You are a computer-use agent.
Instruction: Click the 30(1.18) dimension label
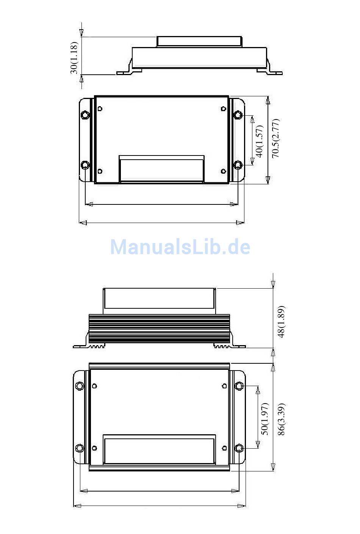point(74,58)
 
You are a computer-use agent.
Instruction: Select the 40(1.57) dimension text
point(260,141)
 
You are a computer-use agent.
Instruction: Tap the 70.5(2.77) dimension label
point(275,138)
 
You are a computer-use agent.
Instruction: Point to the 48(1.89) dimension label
point(281,321)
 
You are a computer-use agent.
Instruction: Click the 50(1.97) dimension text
point(265,419)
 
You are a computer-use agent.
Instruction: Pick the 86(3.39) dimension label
point(281,419)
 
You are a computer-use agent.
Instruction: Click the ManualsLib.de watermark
point(180,247)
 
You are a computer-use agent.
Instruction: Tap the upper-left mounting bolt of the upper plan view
point(85,115)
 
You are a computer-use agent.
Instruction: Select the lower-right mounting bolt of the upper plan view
point(238,165)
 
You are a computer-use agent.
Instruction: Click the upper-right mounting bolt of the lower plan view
point(239,386)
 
